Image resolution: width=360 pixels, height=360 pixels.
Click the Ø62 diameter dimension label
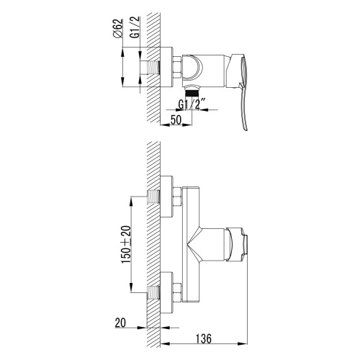(117, 28)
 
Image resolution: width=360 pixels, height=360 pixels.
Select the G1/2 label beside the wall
(135, 27)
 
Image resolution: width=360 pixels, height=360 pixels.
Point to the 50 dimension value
(176, 120)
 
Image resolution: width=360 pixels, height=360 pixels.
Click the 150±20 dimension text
(126, 244)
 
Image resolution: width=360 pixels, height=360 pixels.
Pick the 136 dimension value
(204, 338)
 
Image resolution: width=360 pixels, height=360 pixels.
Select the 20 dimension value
(120, 323)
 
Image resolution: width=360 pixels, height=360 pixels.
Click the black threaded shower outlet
(192, 92)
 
